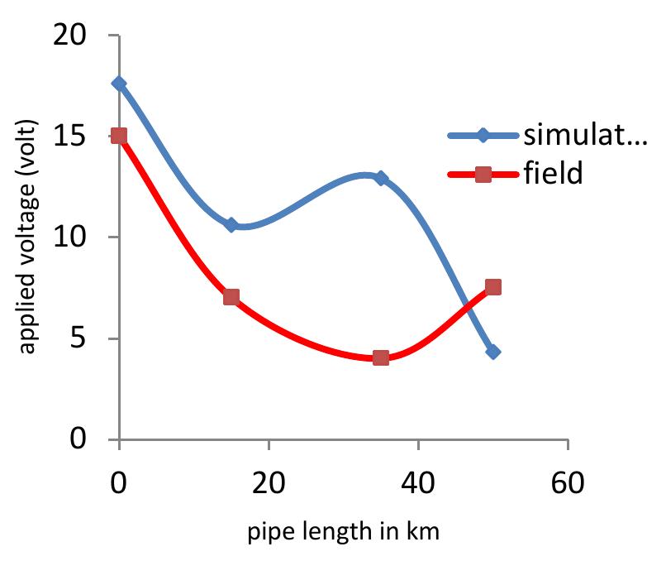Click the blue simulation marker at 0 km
(x=120, y=84)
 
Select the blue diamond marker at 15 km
(x=231, y=225)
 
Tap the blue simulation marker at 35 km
(x=381, y=178)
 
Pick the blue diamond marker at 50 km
(x=493, y=352)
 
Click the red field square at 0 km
(x=120, y=136)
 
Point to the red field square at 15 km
(x=231, y=297)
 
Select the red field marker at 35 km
(x=381, y=357)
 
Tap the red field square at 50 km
(x=493, y=287)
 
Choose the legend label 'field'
(x=553, y=174)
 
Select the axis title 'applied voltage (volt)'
(x=28, y=237)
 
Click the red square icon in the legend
(x=484, y=174)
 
